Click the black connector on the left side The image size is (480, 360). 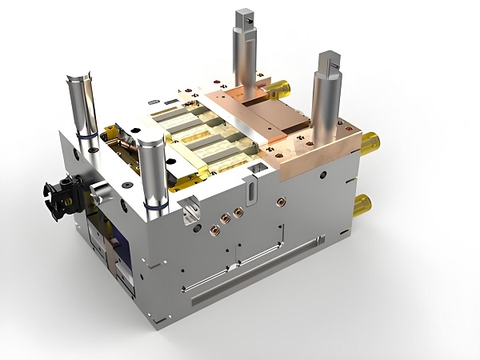click(58, 194)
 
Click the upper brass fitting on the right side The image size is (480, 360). click(368, 144)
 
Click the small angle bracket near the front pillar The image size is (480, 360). click(190, 212)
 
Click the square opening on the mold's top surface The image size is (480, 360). click(259, 170)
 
